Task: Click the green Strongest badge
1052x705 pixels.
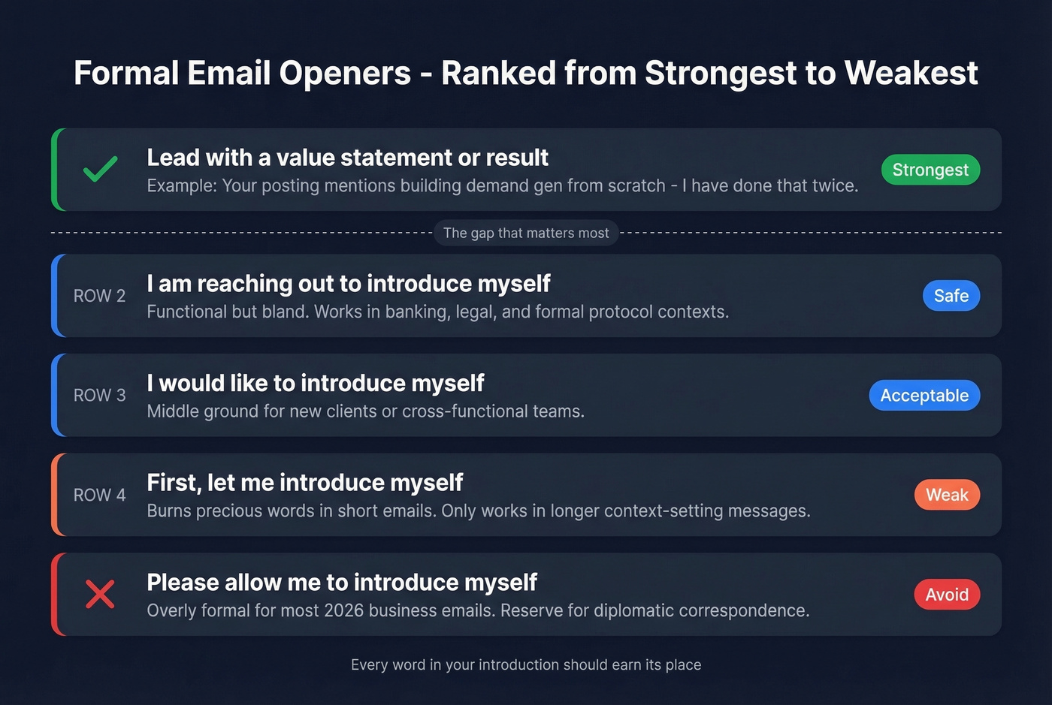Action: click(x=930, y=170)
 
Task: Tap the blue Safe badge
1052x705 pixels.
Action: click(x=951, y=296)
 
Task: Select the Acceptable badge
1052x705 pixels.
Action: click(x=924, y=396)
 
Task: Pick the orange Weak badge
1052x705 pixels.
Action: click(x=947, y=495)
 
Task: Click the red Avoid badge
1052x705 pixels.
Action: click(x=947, y=595)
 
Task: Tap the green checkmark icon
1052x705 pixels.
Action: click(x=100, y=169)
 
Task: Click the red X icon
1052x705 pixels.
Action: click(x=100, y=594)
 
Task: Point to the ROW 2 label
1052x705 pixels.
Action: click(x=99, y=296)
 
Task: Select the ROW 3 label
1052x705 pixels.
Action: click(x=99, y=396)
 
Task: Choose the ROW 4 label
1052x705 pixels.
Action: click(x=99, y=495)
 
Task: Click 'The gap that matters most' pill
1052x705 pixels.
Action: click(x=526, y=233)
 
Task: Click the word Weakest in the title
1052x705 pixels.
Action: click(x=911, y=74)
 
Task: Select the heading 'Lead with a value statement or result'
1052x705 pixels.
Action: click(x=347, y=158)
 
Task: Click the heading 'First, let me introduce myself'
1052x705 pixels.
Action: click(x=304, y=482)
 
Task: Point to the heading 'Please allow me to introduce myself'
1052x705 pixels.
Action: click(x=342, y=582)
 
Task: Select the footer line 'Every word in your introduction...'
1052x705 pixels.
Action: click(x=526, y=664)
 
